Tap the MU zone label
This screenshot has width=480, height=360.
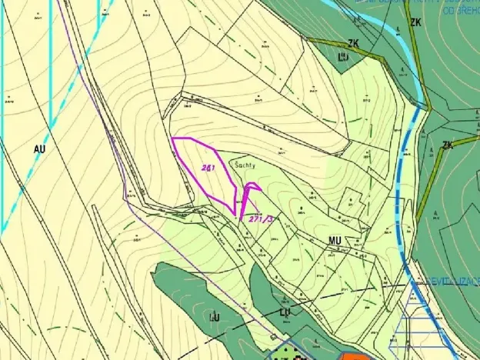coord(335,242)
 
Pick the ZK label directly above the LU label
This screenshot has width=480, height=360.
coord(355,43)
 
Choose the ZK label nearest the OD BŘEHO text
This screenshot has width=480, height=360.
coord(416,22)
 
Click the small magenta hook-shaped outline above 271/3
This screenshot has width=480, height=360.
coord(251,188)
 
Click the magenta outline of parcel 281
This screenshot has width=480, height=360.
coord(173,139)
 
